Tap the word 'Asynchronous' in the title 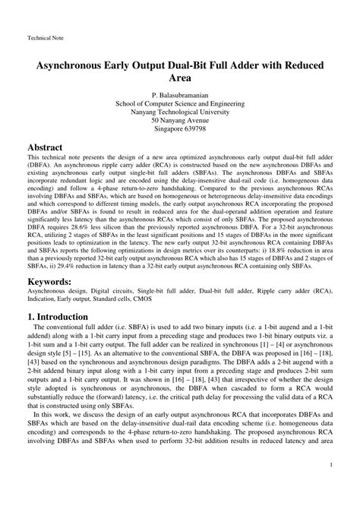coord(78,65)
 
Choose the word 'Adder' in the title coord(254,65)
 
